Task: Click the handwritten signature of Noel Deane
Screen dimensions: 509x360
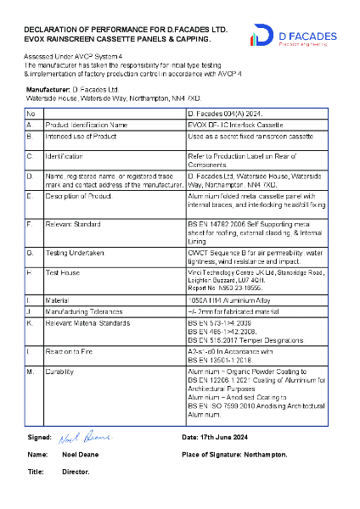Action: pos(85,438)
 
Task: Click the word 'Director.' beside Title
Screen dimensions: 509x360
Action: pos(76,471)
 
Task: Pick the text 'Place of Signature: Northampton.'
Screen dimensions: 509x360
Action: pos(234,454)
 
